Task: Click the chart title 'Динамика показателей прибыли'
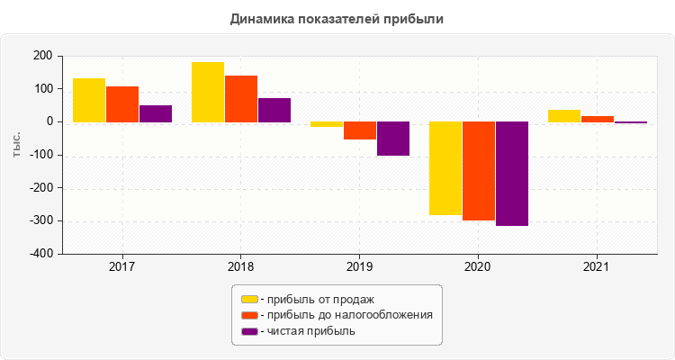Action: click(337, 18)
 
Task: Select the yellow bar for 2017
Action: click(89, 100)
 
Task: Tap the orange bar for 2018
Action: click(241, 98)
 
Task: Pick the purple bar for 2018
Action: click(274, 110)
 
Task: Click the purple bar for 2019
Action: click(393, 139)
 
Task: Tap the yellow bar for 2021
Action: click(564, 115)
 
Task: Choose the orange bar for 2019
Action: click(360, 130)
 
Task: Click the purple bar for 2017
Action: click(156, 113)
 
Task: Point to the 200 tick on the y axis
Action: click(42, 56)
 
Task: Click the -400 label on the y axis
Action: click(39, 254)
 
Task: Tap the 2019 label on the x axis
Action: click(359, 267)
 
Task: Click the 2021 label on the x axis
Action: click(597, 267)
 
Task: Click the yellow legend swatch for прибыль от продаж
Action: click(248, 299)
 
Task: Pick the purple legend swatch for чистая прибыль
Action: click(248, 331)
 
